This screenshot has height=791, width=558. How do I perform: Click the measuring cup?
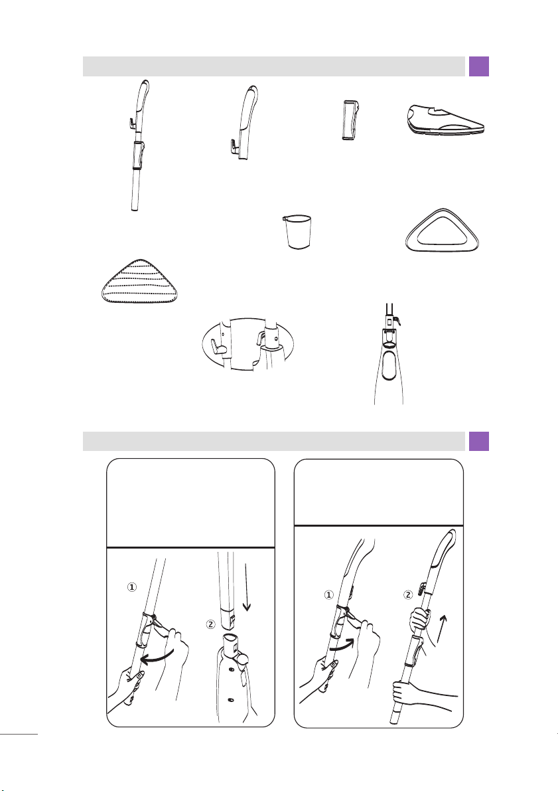[x=297, y=232]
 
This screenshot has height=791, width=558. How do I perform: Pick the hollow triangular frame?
[x=442, y=230]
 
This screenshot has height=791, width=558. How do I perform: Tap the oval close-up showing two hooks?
[x=247, y=345]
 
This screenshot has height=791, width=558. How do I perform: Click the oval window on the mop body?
[x=389, y=366]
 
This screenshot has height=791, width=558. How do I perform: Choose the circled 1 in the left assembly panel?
[x=131, y=587]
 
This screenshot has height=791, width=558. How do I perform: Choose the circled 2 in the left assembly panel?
[x=211, y=624]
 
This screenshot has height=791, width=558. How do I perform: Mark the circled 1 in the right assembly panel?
[x=328, y=595]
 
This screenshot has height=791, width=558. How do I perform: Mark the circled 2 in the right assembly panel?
[x=408, y=595]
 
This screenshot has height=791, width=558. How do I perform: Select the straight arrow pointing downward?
[x=246, y=588]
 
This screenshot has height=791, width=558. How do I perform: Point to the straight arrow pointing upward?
[x=443, y=628]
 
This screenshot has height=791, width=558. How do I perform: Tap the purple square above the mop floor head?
[x=479, y=66]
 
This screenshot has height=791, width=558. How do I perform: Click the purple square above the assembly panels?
[x=479, y=442]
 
